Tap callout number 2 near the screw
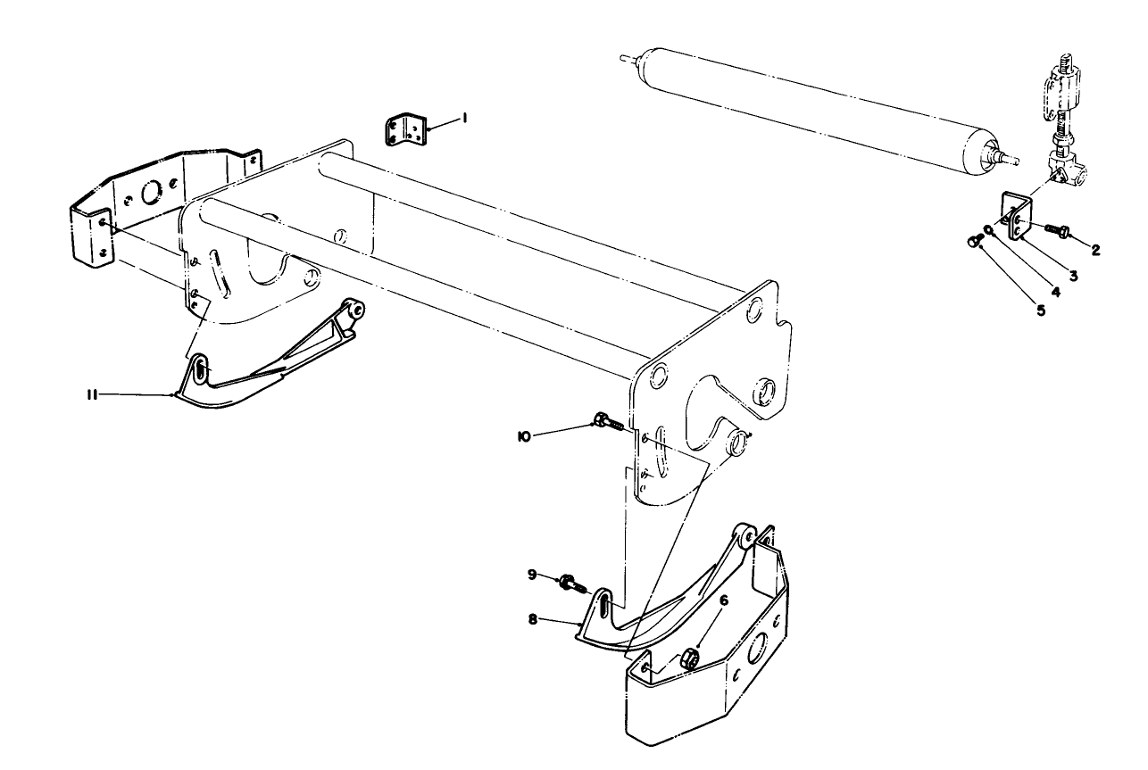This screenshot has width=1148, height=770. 1094,250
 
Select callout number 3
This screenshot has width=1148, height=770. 1073,275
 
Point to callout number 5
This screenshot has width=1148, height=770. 1039,310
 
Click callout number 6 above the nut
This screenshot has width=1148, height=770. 723,600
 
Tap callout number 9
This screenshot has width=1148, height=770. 531,575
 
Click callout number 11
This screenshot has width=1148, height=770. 92,393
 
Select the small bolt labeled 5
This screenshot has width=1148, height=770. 974,240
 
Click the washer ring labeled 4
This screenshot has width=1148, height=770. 988,229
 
